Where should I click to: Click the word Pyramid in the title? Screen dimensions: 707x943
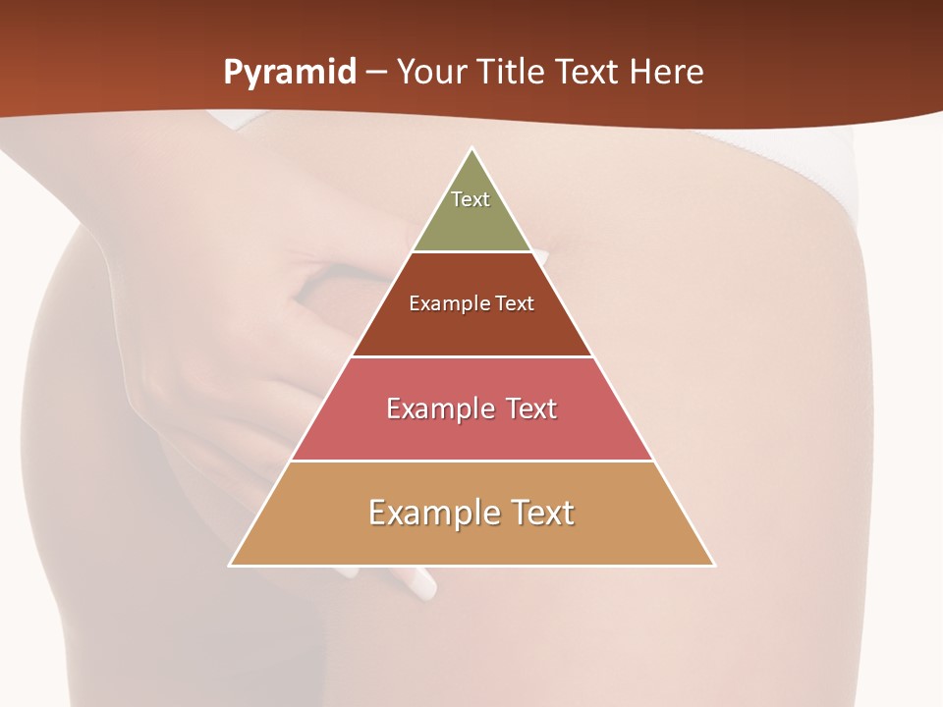tap(290, 73)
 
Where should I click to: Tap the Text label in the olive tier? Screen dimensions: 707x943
tap(471, 199)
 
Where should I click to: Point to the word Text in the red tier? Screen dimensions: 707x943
tap(525, 408)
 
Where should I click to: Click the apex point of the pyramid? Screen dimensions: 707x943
tap(472, 149)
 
